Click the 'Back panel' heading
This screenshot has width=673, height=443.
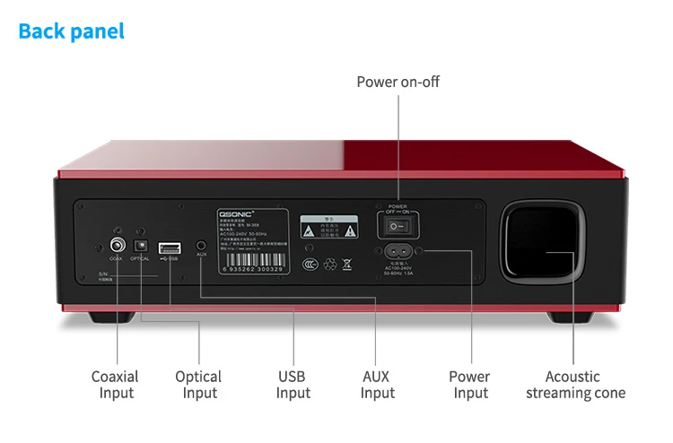click(x=72, y=31)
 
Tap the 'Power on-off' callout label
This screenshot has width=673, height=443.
click(x=398, y=83)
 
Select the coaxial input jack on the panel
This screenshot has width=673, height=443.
click(x=117, y=244)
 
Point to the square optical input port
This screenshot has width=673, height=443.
click(x=140, y=244)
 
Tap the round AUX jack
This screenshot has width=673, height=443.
click(x=201, y=244)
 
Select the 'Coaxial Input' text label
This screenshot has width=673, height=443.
click(x=115, y=385)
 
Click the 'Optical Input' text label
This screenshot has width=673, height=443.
click(x=198, y=385)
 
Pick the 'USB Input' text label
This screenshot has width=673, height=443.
click(x=293, y=385)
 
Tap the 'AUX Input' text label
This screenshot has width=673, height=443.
click(x=378, y=385)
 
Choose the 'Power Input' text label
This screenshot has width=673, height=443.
click(x=469, y=385)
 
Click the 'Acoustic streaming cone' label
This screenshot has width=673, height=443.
click(x=575, y=385)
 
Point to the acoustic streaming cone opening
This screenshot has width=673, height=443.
click(x=546, y=241)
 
